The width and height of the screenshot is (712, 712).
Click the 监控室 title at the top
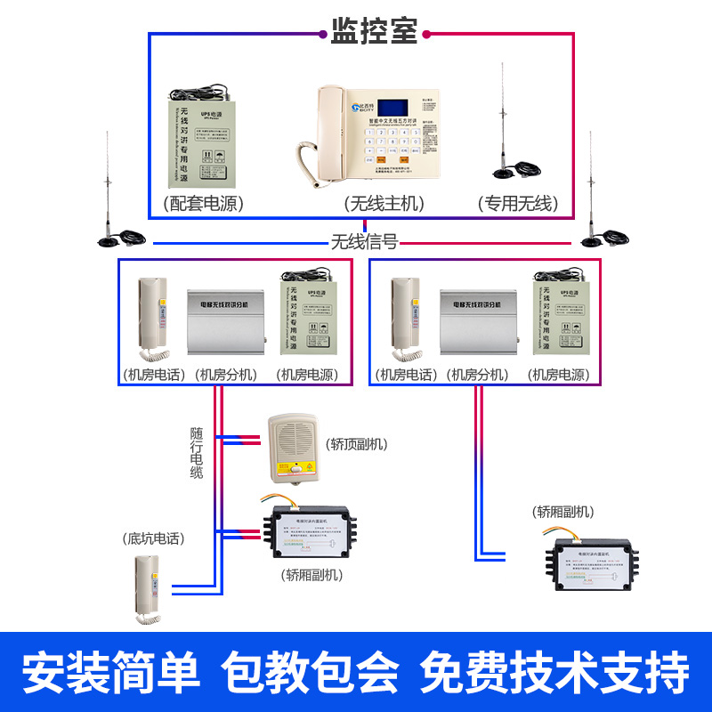374,32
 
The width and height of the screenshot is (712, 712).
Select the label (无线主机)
384,203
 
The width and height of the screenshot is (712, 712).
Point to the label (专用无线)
517,203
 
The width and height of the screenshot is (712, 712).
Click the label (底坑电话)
154,539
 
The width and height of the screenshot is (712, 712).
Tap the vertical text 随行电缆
197,453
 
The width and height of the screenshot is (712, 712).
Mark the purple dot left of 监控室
323,34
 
